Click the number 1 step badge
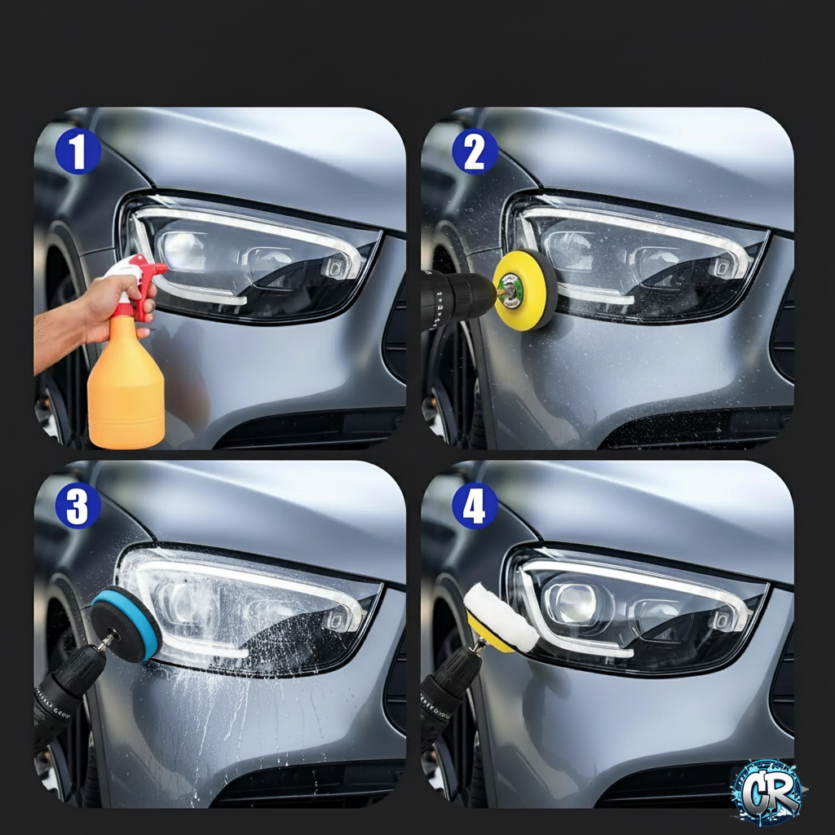coord(77,152)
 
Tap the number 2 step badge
coord(475,152)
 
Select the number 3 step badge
coord(77,506)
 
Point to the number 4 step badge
coord(475,506)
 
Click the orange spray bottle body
coord(126,392)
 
